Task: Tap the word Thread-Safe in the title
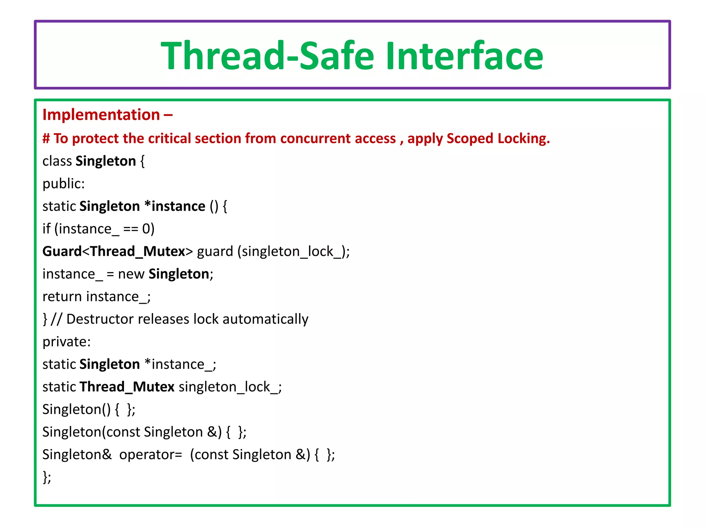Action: [x=267, y=56]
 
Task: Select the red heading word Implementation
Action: [x=101, y=115]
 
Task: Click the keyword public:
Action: [x=63, y=184]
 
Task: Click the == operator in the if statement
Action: [x=130, y=229]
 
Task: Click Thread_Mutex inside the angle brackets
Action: [x=138, y=251]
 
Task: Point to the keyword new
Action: [x=131, y=274]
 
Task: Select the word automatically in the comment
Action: [x=265, y=319]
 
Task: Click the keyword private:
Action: [x=66, y=342]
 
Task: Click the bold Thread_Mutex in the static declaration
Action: [x=127, y=387]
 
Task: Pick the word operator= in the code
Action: [x=150, y=455]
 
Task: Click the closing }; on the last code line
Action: [x=47, y=477]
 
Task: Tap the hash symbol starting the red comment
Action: [x=46, y=138]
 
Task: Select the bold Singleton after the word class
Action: [x=106, y=161]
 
